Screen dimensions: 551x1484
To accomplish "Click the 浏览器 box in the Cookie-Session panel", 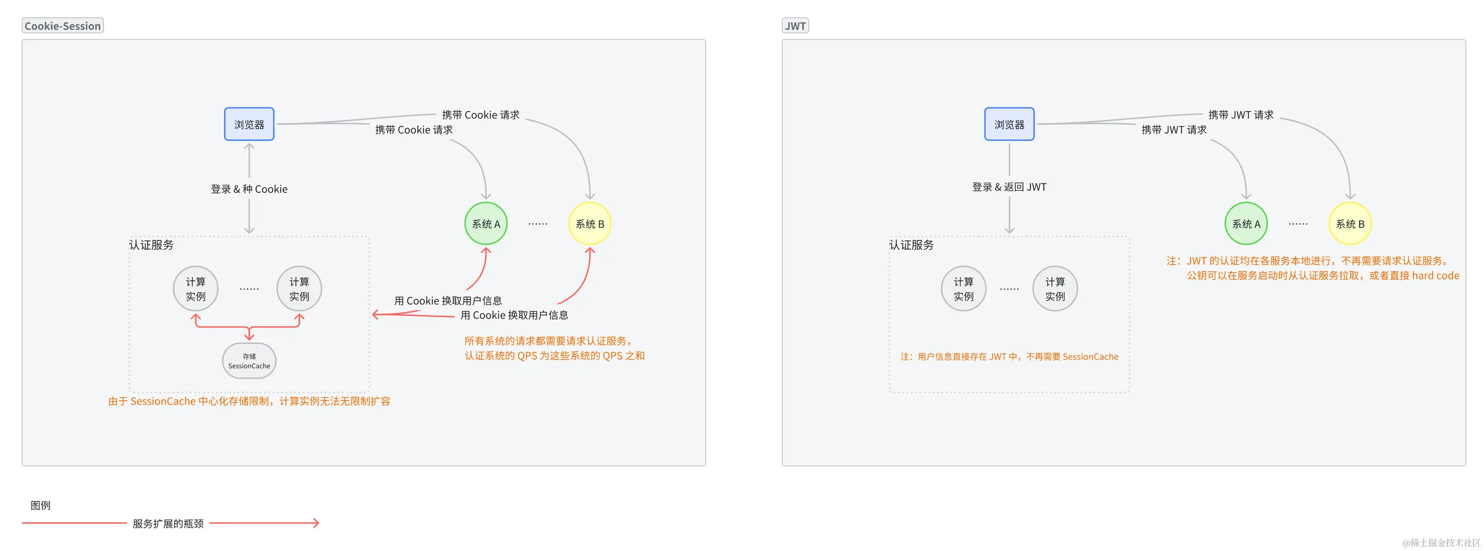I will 249,124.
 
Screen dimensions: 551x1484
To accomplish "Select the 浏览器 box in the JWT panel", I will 1009,124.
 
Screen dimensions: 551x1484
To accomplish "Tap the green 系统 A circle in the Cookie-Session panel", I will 486,223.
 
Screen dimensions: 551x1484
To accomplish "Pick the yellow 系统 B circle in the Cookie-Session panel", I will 589,223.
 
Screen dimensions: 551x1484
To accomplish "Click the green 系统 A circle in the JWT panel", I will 1245,223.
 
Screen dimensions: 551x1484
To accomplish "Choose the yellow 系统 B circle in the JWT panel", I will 1350,223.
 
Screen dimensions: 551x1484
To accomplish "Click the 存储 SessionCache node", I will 249,361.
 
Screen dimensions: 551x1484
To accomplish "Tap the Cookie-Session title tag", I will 63,26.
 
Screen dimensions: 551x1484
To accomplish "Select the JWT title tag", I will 795,26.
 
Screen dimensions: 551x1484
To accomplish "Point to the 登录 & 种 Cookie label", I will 249,189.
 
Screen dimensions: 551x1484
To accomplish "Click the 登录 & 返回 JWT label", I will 1009,186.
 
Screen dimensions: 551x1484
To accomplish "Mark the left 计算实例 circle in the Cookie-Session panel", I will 195,289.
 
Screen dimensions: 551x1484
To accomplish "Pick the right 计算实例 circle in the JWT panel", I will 1055,289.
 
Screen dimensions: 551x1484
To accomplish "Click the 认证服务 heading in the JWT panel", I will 911,245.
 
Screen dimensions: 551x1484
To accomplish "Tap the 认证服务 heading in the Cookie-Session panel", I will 151,245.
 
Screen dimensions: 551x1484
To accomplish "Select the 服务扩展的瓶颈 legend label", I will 168,524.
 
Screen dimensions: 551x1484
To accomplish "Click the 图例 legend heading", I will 40,505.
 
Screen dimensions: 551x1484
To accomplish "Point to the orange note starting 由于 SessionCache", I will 249,401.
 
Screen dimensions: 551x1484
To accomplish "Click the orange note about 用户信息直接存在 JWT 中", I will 1009,356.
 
